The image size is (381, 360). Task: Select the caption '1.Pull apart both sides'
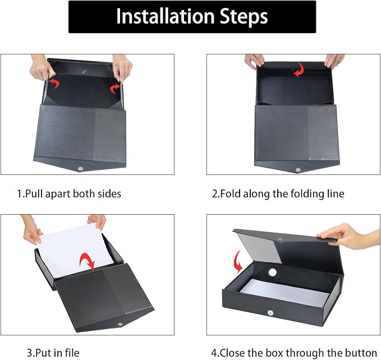coord(68,194)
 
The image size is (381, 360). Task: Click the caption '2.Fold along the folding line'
coord(278,194)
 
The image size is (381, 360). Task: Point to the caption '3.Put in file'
coord(53,353)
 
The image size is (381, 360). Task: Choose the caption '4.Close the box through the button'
coord(293,353)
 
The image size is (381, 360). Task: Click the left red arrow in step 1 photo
coord(54,84)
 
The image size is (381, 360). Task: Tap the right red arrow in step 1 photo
coord(116,87)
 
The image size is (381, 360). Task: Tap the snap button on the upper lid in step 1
coord(84,71)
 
